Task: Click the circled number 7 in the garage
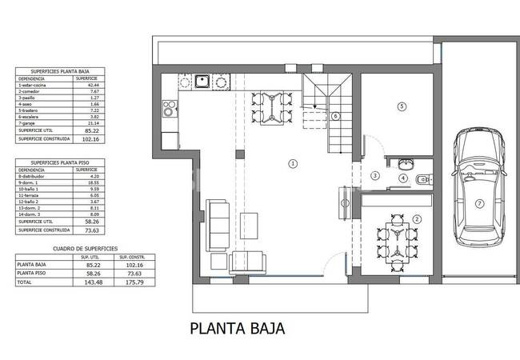pyautogui.click(x=479, y=203)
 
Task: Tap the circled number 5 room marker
pyautogui.click(x=402, y=106)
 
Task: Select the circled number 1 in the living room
pyautogui.click(x=293, y=163)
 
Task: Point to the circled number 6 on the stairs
pyautogui.click(x=336, y=116)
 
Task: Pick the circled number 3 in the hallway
pyautogui.click(x=374, y=175)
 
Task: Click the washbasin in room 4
pyautogui.click(x=391, y=163)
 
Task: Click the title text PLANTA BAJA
pyautogui.click(x=236, y=329)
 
